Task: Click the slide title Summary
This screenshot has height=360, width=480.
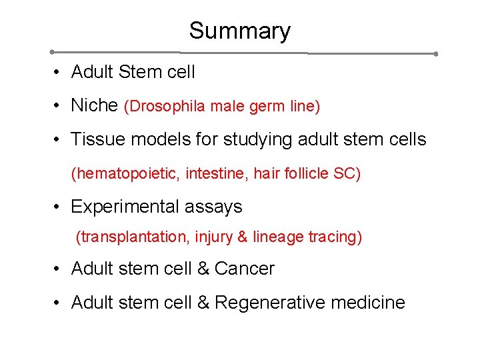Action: [x=239, y=31]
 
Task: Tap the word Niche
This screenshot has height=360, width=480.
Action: [x=95, y=105]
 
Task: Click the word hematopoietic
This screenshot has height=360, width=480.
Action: [x=127, y=174]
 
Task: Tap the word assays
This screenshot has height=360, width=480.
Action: [x=216, y=207]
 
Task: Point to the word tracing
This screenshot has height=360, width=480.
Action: [x=335, y=237]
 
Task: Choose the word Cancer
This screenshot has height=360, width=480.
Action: [x=244, y=269]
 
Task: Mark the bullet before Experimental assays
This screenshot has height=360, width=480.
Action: [x=59, y=207]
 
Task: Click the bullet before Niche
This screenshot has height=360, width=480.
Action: [x=59, y=105]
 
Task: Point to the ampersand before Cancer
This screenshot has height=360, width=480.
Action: [x=203, y=269]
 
